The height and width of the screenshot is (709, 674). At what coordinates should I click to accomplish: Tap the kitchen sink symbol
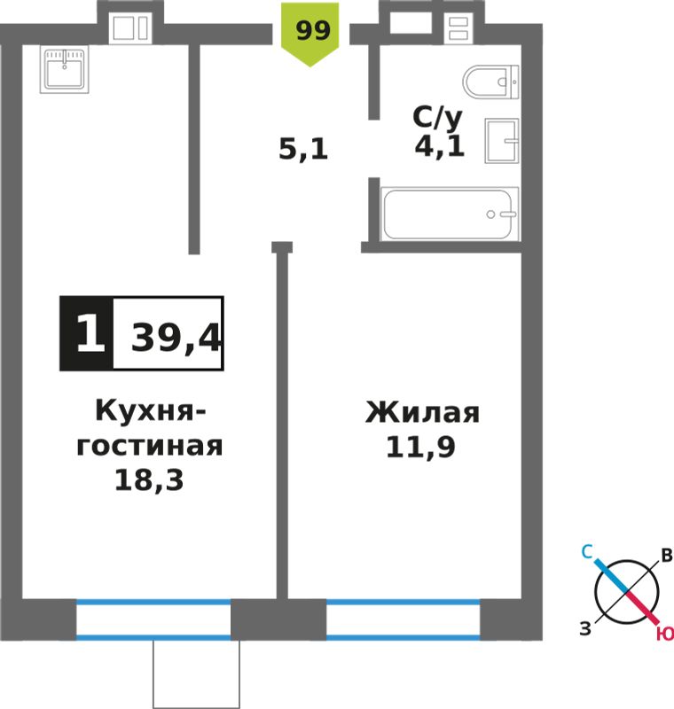(x=64, y=69)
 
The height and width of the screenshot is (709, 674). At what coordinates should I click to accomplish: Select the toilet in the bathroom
(x=490, y=82)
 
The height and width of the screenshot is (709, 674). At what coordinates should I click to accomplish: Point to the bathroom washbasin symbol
(x=502, y=141)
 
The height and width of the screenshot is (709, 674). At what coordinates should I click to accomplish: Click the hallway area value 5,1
(x=303, y=149)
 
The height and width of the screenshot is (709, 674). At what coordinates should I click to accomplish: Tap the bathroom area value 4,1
(x=439, y=145)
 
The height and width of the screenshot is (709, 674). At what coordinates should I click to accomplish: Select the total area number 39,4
(x=176, y=338)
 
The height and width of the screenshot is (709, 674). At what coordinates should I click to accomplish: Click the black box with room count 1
(x=86, y=334)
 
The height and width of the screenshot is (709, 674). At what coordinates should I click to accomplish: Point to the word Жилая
(x=422, y=412)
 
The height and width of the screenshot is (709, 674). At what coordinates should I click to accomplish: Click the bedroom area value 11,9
(x=420, y=448)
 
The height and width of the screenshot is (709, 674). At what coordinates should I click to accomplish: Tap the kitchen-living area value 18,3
(x=149, y=479)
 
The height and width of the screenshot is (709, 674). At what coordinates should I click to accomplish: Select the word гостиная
(x=150, y=446)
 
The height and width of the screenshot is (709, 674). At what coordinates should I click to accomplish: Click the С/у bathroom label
(x=437, y=118)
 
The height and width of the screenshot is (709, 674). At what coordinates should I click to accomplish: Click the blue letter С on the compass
(x=587, y=551)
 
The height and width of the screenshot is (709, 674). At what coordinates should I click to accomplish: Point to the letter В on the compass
(x=667, y=555)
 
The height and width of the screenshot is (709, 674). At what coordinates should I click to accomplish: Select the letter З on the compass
(x=585, y=628)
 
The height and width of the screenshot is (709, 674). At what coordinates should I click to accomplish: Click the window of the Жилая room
(x=403, y=619)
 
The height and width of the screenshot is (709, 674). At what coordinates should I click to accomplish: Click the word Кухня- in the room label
(x=151, y=411)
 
